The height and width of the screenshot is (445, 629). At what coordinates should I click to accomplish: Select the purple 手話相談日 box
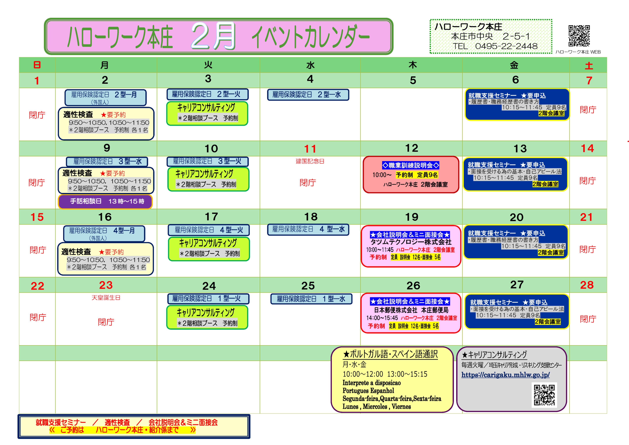click(x=105, y=201)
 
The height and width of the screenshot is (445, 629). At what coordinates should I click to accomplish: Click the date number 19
click(x=412, y=217)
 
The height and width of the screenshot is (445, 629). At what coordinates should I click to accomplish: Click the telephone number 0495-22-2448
click(x=506, y=46)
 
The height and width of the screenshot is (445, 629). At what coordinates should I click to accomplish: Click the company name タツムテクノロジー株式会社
click(x=411, y=242)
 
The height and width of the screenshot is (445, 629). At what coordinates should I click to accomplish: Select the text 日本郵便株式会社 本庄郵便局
click(x=411, y=310)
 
